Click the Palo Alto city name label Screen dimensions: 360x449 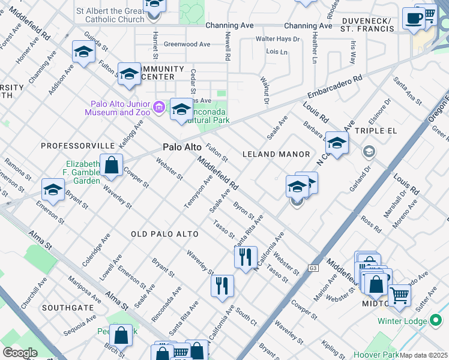pyautogui.click(x=182, y=148)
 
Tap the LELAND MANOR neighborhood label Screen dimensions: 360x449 pyautogui.click(x=276, y=154)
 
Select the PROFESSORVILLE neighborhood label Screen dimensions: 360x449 pyautogui.click(x=77, y=146)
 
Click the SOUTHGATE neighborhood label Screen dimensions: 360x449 pyautogui.click(x=68, y=308)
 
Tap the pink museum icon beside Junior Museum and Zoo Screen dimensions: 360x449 pyautogui.click(x=159, y=107)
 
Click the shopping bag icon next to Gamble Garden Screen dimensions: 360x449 pyautogui.click(x=111, y=165)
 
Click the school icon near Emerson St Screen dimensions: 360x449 pyautogui.click(x=53, y=190)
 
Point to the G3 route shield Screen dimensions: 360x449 pyautogui.click(x=313, y=268)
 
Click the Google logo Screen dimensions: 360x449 pyautogui.click(x=19, y=352)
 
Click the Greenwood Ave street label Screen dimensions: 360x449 pyautogui.click(x=187, y=44)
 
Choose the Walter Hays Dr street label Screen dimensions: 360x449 pyautogui.click(x=277, y=39)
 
